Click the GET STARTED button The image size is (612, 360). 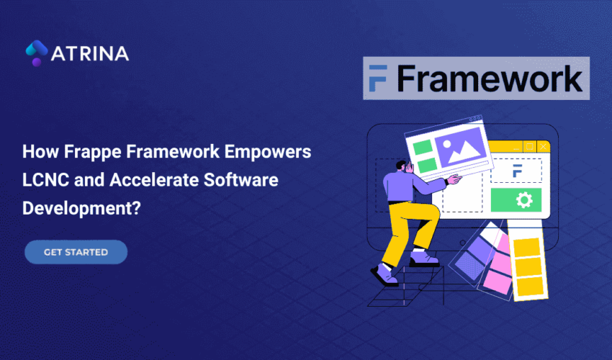click(76, 252)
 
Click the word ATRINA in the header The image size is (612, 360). click(90, 53)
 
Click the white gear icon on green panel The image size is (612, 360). click(523, 199)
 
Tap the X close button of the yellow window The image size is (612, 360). click(544, 147)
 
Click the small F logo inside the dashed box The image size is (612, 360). click(516, 171)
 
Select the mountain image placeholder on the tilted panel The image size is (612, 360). click(457, 153)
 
